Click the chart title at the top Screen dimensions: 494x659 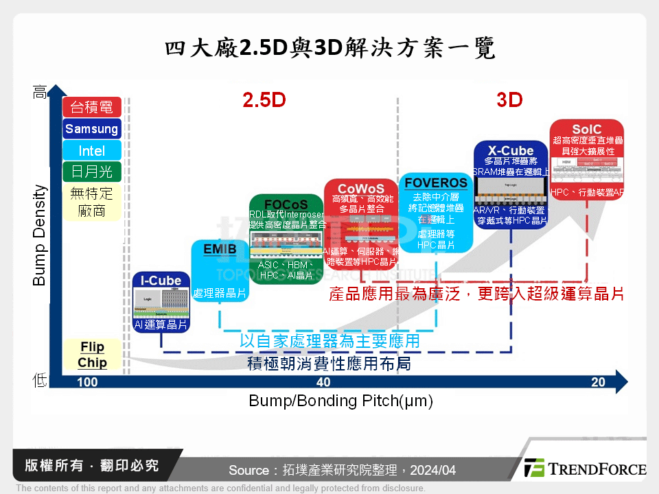point(329,49)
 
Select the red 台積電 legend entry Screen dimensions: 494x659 point(91,107)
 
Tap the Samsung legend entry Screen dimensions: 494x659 point(91,129)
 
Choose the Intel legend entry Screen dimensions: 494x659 point(91,150)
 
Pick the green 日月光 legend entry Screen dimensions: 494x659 point(91,171)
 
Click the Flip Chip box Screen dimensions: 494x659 point(92,355)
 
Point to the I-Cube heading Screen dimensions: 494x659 point(161,280)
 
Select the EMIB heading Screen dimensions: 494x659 point(220,248)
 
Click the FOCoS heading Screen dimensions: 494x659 point(286,204)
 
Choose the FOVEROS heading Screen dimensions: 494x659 point(436,183)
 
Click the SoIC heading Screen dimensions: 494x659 point(586,129)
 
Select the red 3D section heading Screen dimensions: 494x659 point(509,100)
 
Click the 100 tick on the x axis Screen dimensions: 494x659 point(87,382)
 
